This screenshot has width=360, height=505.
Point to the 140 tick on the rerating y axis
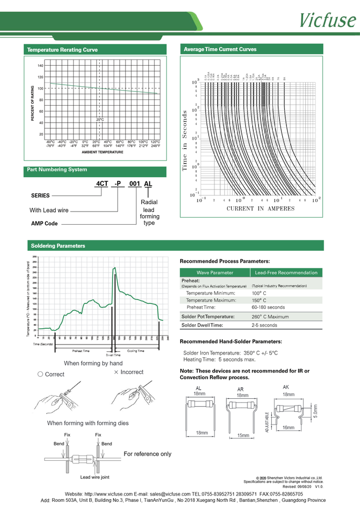pyautogui.click(x=40, y=66)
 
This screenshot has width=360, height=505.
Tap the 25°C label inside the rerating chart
pyautogui.click(x=100, y=120)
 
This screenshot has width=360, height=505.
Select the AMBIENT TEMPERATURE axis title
pyautogui.click(x=102, y=151)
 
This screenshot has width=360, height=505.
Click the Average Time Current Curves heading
pyautogui.click(x=220, y=49)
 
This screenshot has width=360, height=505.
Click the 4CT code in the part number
pyautogui.click(x=101, y=184)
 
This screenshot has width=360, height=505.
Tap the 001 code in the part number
pyautogui.click(x=135, y=184)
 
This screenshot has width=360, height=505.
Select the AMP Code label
pyautogui.click(x=44, y=224)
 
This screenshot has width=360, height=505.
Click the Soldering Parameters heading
pyautogui.click(x=58, y=246)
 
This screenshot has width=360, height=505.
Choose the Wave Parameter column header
pyautogui.click(x=214, y=272)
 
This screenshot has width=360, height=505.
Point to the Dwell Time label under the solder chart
pyautogui.click(x=113, y=355)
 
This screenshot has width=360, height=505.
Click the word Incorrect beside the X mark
pyautogui.click(x=131, y=372)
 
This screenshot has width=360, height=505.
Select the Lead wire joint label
pyautogui.click(x=95, y=477)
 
